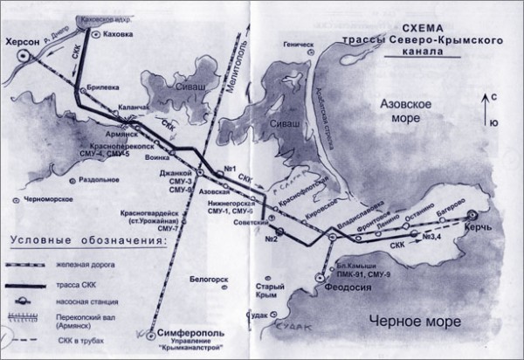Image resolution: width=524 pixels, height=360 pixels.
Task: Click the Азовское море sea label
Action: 407,112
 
